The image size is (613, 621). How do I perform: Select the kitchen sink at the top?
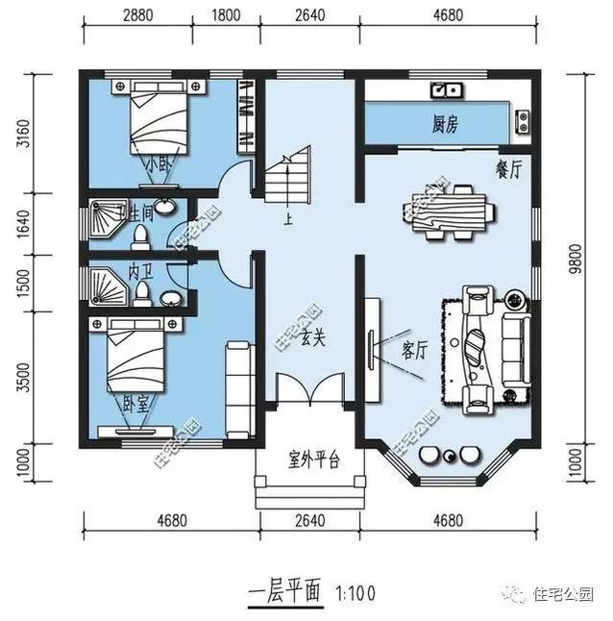447,91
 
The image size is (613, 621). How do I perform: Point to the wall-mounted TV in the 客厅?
372,344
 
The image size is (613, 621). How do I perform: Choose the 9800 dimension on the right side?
576,259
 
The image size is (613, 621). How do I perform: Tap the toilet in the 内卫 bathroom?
143,290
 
